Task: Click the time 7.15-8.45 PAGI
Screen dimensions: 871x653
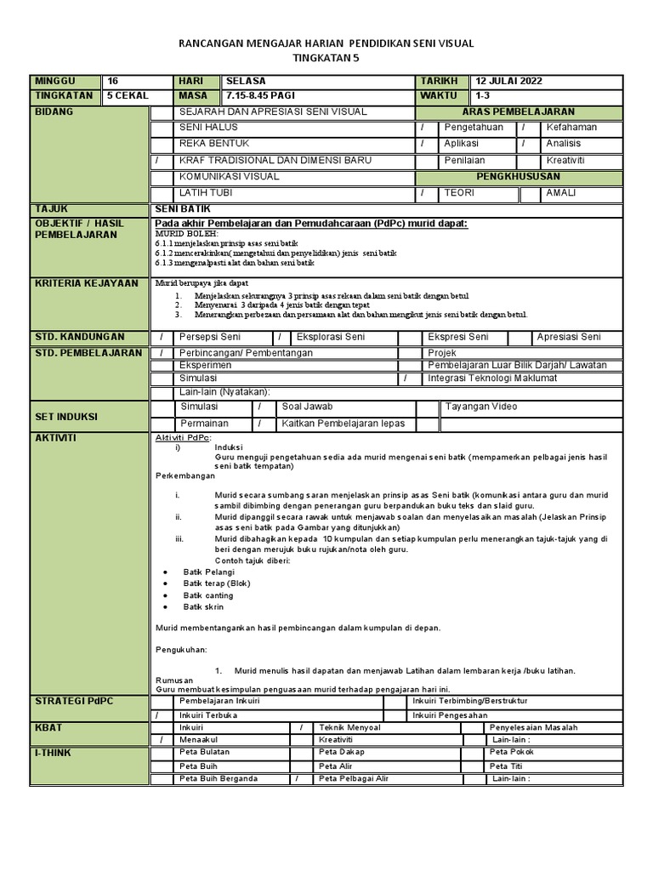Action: (x=260, y=96)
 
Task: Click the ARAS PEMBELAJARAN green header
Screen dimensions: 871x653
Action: (x=519, y=112)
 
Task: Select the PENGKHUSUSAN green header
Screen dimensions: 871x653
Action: (x=519, y=177)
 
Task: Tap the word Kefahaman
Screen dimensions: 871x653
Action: (x=571, y=128)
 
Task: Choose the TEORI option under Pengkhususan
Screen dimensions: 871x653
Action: (x=459, y=193)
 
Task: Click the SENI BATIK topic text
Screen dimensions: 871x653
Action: (x=182, y=209)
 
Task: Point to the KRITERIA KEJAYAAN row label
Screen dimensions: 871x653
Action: (x=85, y=283)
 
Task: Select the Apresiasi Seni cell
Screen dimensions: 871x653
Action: (x=568, y=338)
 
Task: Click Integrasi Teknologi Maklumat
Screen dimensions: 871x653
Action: (x=492, y=378)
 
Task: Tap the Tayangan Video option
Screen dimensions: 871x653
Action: (x=480, y=407)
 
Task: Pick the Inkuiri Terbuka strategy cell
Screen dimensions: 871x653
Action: (x=208, y=715)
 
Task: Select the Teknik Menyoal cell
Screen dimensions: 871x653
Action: (x=349, y=728)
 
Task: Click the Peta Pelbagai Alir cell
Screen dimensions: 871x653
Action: (x=354, y=778)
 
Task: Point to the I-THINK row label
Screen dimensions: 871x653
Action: (x=53, y=754)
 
